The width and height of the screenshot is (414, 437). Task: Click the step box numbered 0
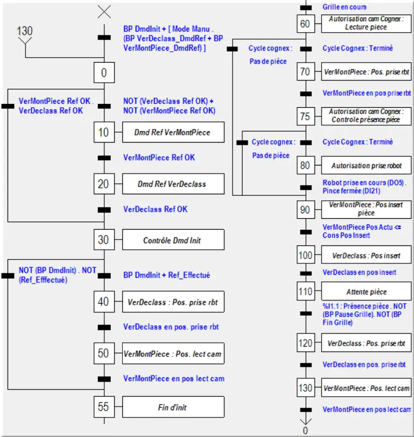click(104, 72)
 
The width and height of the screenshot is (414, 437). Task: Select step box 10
click(104, 132)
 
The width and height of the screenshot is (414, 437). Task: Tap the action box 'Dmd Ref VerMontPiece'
click(173, 132)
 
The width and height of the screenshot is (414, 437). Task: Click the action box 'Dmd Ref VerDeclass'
click(173, 184)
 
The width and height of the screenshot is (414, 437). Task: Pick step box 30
click(104, 239)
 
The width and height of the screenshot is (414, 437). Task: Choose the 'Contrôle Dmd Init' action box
click(173, 240)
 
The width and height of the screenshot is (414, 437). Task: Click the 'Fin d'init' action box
click(173, 407)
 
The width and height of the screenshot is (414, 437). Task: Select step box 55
click(104, 407)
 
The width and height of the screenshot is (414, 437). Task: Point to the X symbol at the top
click(104, 11)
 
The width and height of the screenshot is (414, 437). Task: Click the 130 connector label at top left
click(25, 31)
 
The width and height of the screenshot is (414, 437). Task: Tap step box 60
click(306, 24)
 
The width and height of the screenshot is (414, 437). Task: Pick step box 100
click(306, 255)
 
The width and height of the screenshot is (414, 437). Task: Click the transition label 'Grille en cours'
click(344, 7)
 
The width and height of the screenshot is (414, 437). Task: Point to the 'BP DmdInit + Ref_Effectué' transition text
click(166, 275)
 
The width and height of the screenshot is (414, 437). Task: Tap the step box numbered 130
click(306, 388)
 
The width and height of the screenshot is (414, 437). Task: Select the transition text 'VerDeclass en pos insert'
click(359, 272)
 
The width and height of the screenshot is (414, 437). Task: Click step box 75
click(306, 116)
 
